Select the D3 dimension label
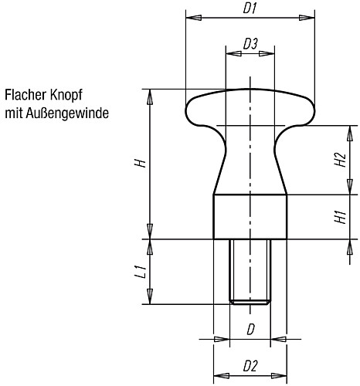click(x=250, y=45)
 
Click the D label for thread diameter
click(x=250, y=330)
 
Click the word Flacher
click(x=26, y=96)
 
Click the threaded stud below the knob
click(x=250, y=270)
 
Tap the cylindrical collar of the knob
click(x=250, y=216)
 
